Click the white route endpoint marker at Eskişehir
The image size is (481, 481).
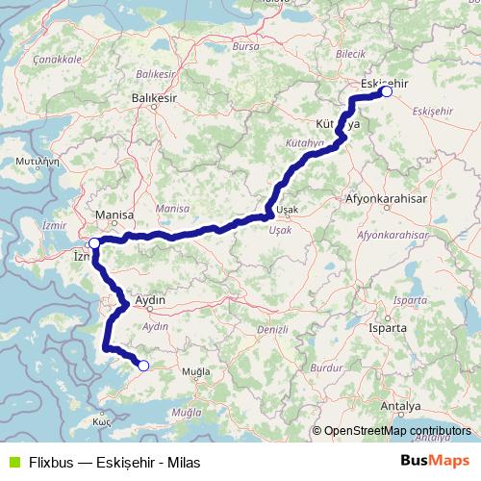[386, 92]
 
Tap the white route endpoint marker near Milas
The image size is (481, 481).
[143, 365]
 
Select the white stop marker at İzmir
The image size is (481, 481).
[93, 243]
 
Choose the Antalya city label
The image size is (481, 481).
[400, 407]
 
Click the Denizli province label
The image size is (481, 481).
[273, 330]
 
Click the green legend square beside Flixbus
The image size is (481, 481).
[12, 462]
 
